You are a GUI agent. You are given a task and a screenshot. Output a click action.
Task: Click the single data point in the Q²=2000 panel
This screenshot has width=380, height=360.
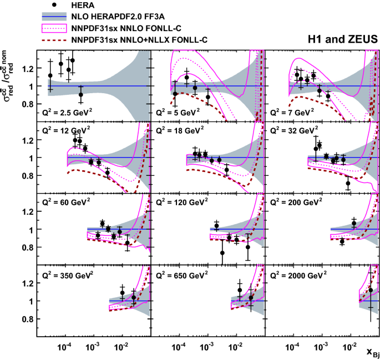pos(371,290)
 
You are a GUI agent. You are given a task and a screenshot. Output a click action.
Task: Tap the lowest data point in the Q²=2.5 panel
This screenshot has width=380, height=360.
pos(80,94)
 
